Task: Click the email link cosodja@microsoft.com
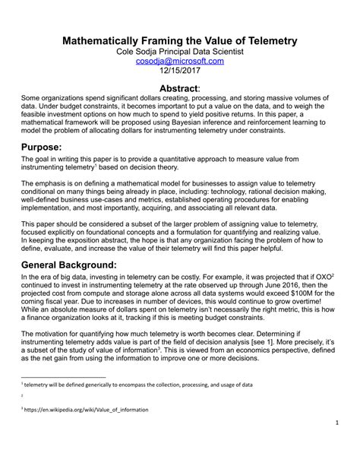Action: click(x=179, y=61)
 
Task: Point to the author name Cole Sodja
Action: click(x=139, y=50)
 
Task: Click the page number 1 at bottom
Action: click(x=335, y=444)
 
